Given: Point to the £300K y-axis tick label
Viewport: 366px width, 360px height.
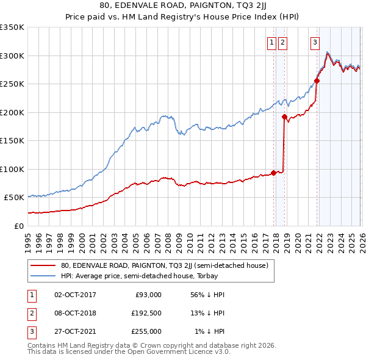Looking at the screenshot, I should pos(12,56).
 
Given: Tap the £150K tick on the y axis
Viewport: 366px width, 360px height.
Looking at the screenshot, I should pos(12,140).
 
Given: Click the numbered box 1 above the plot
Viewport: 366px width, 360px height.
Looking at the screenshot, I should pos(271,43).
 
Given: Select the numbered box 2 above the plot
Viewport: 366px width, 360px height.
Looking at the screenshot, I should pos(283,43).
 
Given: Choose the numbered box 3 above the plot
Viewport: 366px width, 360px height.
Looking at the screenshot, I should pos(315,43).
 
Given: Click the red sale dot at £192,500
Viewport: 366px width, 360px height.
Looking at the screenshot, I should pos(285,117).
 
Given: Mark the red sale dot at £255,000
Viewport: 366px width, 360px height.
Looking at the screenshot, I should pos(317,81).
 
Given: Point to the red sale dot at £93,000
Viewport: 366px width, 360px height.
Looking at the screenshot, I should pos(273,173).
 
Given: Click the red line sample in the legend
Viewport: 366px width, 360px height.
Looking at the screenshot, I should pos(44,265).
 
